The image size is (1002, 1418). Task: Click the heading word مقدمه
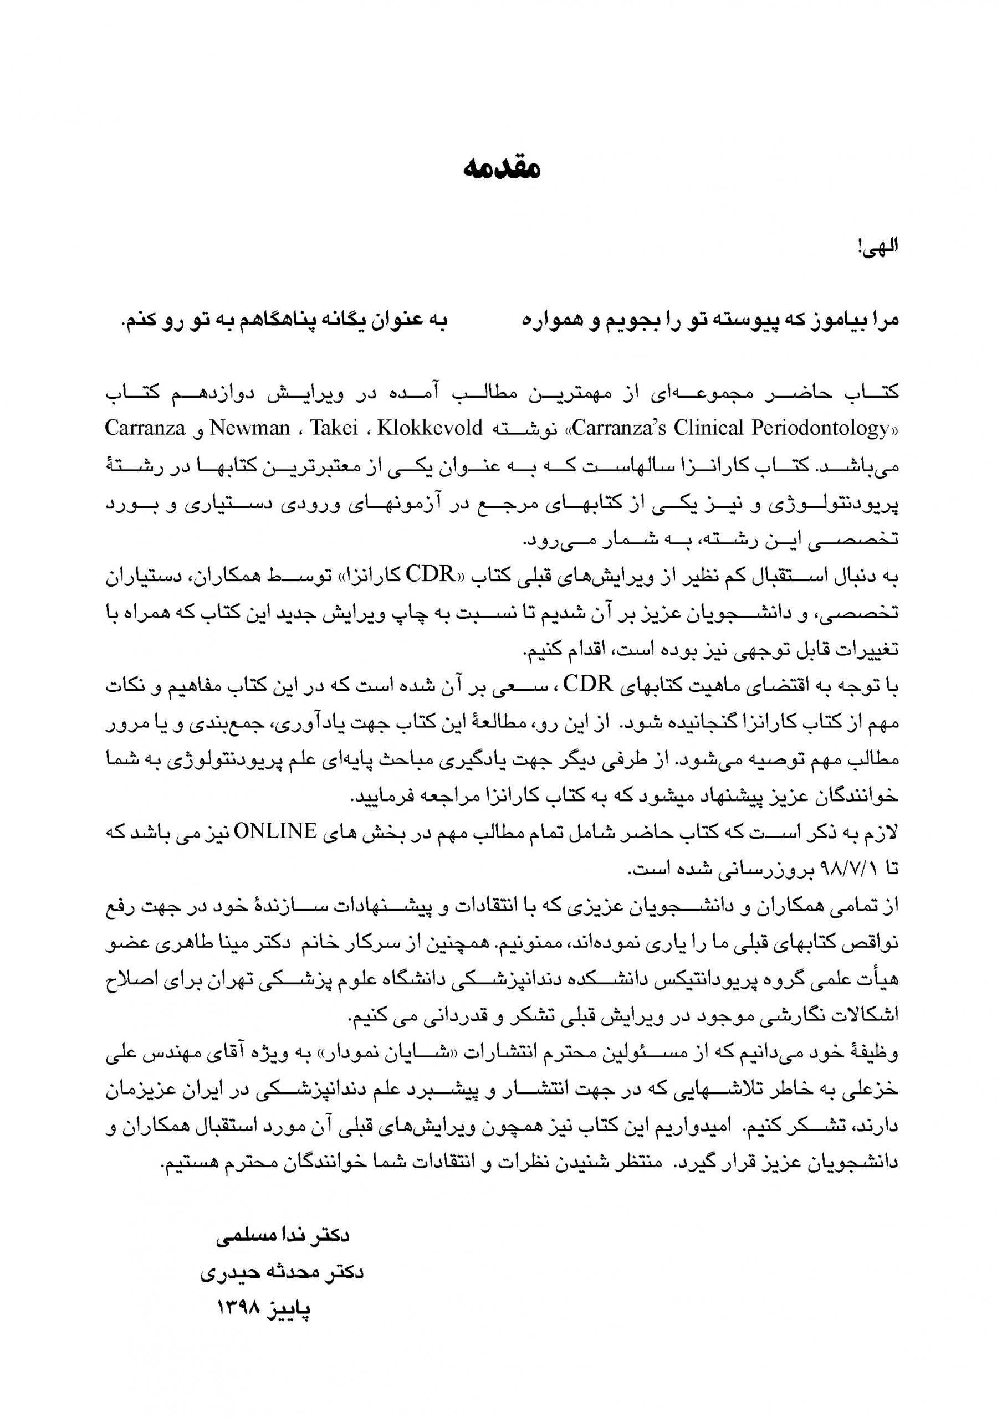(x=501, y=168)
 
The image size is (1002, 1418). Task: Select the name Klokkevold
(x=430, y=428)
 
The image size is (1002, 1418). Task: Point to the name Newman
(x=250, y=428)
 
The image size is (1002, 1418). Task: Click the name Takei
(x=334, y=428)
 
